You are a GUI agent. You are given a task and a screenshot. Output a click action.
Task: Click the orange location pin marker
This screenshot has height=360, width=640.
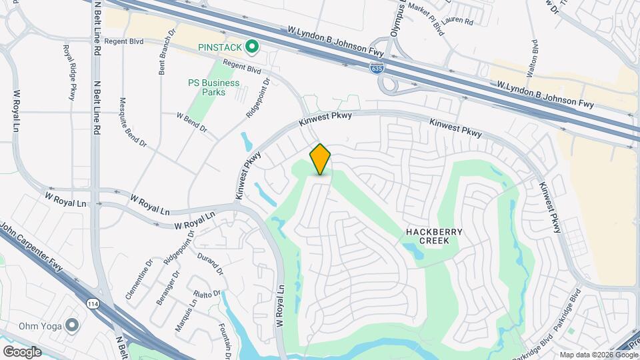point(320,159)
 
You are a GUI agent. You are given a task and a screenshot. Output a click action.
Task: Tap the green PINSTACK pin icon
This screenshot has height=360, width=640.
point(251,47)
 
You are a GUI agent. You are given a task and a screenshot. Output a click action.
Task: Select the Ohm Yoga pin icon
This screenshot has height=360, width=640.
point(72,325)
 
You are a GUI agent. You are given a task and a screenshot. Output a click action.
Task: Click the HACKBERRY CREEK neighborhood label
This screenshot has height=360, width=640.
point(434,236)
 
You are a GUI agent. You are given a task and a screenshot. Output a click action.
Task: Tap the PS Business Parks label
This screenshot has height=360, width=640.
point(207,87)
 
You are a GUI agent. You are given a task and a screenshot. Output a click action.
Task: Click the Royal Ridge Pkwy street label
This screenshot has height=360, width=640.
point(69,72)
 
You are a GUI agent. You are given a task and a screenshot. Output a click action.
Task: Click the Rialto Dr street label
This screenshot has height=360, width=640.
point(207,294)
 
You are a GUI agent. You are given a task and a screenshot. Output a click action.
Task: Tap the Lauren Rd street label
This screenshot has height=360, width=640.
point(459,21)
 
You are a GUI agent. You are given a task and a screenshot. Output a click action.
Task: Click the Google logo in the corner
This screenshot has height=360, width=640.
point(22,351)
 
